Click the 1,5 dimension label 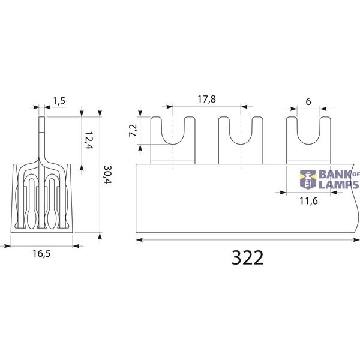click(59, 101)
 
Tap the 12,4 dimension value click(89, 140)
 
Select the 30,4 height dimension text click(107, 175)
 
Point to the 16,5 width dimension click(41, 254)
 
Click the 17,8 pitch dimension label click(207, 99)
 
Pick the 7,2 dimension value click(133, 131)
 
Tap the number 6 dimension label click(308, 101)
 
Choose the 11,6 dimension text click(308, 201)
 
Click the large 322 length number click(247, 257)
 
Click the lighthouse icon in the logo click(308, 179)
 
